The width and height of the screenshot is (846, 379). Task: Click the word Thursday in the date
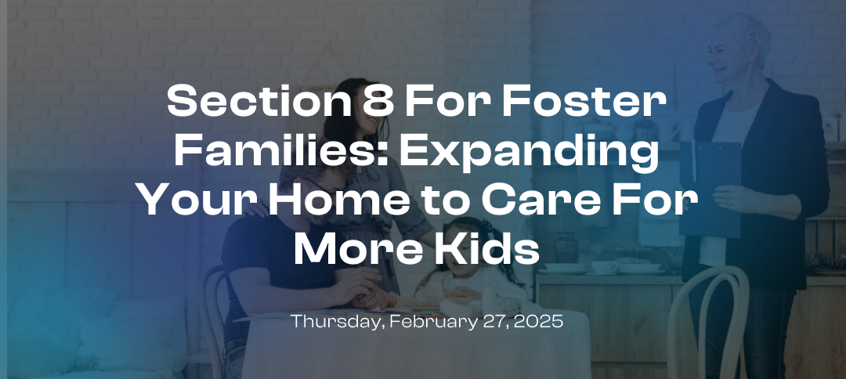[327, 322]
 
